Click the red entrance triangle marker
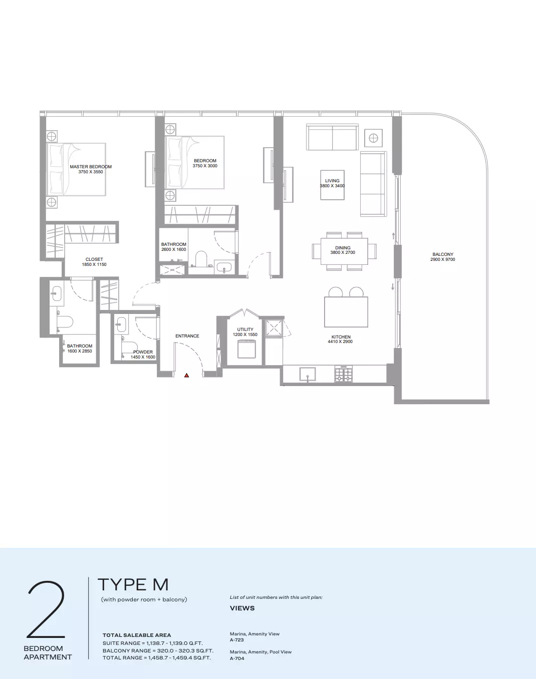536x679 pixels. (186, 375)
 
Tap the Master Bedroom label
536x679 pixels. (91, 167)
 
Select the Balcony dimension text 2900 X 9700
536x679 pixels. (442, 259)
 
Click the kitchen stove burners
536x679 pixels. (344, 374)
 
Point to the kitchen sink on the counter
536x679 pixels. (308, 374)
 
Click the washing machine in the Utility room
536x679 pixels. (246, 349)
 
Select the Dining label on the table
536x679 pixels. (343, 248)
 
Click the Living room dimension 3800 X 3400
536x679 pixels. (332, 186)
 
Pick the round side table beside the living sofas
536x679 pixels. (373, 138)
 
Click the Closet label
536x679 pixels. (94, 259)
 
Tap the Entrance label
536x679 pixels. (187, 336)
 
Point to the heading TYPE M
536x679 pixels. (133, 585)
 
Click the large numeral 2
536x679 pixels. (47, 609)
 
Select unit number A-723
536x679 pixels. (237, 640)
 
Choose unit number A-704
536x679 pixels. (237, 658)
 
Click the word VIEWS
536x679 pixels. (242, 608)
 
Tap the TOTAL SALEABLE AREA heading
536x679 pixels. (137, 635)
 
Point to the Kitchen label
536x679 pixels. (341, 337)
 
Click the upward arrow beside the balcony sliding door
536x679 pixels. (393, 236)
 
